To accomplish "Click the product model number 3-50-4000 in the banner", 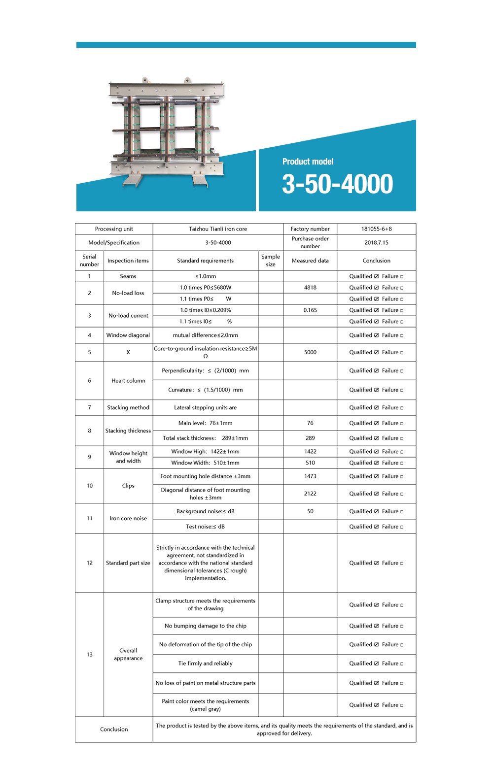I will pyautogui.click(x=337, y=184).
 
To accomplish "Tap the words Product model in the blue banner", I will pyautogui.click(x=308, y=162).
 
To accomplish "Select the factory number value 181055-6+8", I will pyautogui.click(x=376, y=229).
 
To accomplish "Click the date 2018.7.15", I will pyautogui.click(x=376, y=242).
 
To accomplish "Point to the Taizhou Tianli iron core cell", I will pyautogui.click(x=218, y=229).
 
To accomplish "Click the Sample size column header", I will pyautogui.click(x=270, y=261).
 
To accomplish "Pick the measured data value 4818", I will pyautogui.click(x=310, y=288).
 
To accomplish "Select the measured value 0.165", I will pyautogui.click(x=310, y=310).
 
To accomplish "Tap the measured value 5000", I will pyautogui.click(x=310, y=352).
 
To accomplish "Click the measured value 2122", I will pyautogui.click(x=310, y=494).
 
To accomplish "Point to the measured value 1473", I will pyautogui.click(x=310, y=476).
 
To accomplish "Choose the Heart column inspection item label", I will pyautogui.click(x=128, y=381).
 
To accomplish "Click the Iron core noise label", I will pyautogui.click(x=128, y=518).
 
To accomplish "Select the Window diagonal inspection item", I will pyautogui.click(x=128, y=335).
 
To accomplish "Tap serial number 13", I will pyautogui.click(x=89, y=655).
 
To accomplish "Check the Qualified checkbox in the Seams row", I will pyautogui.click(x=377, y=276).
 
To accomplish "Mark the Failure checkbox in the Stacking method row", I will pyautogui.click(x=401, y=408).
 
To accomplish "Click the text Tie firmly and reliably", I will pyautogui.click(x=205, y=664).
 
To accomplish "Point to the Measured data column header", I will pyautogui.click(x=310, y=261).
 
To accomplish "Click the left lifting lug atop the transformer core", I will pyautogui.click(x=145, y=80).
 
